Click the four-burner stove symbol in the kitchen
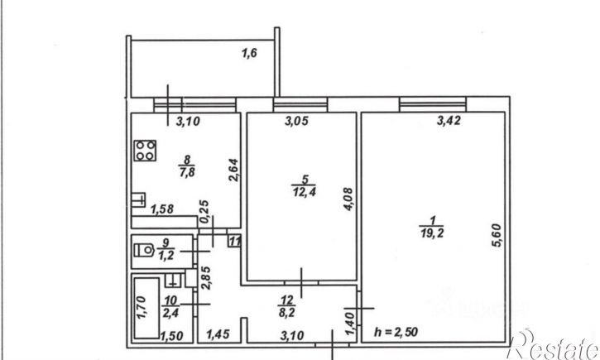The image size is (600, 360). pyautogui.click(x=146, y=151)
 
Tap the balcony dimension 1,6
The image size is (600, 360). pyautogui.click(x=248, y=55)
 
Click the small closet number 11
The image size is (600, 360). pyautogui.click(x=234, y=242)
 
